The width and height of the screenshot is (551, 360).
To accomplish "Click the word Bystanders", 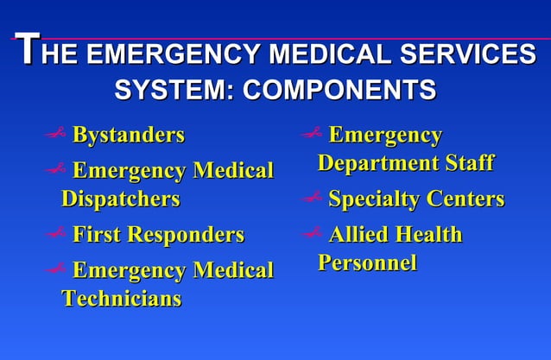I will click(128, 136).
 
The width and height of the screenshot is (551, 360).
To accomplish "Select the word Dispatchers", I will click(120, 199).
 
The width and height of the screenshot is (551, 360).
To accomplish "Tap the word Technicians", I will click(121, 299).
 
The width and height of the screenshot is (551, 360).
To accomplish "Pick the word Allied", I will click(359, 235).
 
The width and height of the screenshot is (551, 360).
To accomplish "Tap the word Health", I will click(429, 235).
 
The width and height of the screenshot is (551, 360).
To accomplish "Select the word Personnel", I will click(367, 262).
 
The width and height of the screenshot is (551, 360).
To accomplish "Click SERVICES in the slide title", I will click(465, 55).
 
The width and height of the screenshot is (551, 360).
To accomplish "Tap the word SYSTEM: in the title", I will click(171, 89).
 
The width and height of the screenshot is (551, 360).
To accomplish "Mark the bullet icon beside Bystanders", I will click(57, 135).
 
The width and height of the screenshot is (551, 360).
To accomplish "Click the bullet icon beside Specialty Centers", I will click(312, 199).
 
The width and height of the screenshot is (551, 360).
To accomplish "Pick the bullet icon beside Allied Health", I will click(312, 234).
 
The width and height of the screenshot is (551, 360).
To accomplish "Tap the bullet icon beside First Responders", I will click(57, 234).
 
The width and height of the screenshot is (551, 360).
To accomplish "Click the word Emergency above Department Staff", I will click(385, 136).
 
